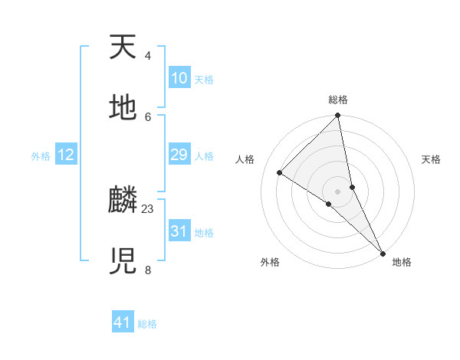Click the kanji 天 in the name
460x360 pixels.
[x=123, y=48]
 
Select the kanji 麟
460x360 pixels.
[x=123, y=201]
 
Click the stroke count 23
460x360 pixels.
[x=148, y=208]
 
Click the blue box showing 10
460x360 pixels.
[x=179, y=78]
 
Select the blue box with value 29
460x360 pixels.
[x=179, y=155]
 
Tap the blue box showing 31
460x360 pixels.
[x=179, y=231]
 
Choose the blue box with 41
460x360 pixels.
[x=123, y=322]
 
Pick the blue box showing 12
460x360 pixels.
[x=66, y=155]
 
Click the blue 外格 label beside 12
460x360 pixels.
[x=41, y=156]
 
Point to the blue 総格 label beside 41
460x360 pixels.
[x=147, y=324]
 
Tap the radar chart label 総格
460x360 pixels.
[x=337, y=100]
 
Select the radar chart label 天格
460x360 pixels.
[x=431, y=159]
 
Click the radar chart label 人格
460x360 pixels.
[x=245, y=159]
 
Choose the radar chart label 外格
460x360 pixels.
[x=269, y=262]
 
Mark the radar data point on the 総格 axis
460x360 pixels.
[x=337, y=116]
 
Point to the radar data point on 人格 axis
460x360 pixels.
[x=280, y=172]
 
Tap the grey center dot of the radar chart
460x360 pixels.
[x=337, y=191]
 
